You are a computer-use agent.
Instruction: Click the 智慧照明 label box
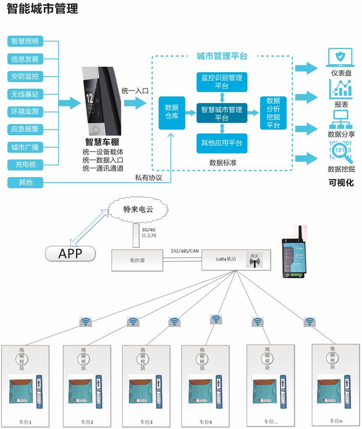[25, 41]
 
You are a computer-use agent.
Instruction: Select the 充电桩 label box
[25, 165]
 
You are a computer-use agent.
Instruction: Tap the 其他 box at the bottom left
[25, 182]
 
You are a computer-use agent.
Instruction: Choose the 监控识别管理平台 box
[222, 82]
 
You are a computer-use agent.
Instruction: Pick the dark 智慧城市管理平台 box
[222, 113]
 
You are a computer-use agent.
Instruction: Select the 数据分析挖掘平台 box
[273, 113]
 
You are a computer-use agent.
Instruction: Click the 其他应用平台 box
[222, 143]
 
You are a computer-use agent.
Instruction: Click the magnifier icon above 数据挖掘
[341, 151]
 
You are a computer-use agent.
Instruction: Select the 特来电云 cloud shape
[138, 209]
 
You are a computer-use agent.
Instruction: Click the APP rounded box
[70, 254]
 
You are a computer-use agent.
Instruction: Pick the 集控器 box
[137, 260]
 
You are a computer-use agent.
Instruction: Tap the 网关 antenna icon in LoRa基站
[254, 260]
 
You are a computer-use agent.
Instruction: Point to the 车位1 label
[25, 422]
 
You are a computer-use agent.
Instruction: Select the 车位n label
[336, 421]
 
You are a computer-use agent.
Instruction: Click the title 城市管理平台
[222, 56]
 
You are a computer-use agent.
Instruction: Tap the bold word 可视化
[341, 183]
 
